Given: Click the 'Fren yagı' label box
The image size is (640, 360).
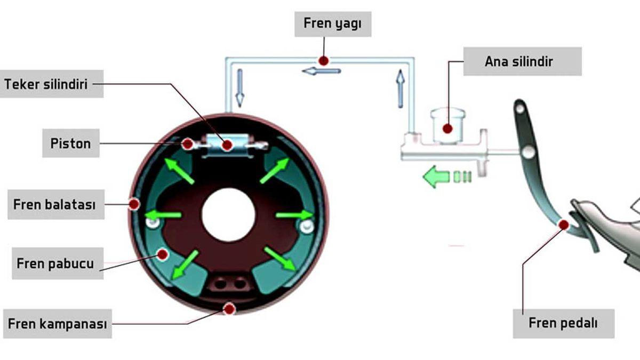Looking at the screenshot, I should pos(333,24).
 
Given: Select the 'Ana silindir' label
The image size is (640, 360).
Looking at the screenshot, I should pos(522,61).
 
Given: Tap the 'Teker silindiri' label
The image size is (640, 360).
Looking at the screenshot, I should pos(52,84).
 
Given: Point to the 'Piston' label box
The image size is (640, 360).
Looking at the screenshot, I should pos(71,143).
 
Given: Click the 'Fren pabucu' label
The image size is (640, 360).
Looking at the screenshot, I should pos(55,263).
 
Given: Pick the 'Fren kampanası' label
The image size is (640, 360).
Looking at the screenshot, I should pos(58,324).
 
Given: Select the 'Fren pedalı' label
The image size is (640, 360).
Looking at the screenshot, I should pos(563,323).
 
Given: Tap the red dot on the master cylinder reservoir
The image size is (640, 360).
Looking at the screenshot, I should pos(447,129).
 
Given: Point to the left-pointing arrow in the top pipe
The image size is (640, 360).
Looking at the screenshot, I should pos(321,70).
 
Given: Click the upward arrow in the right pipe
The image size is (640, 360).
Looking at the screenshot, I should pos(399,89).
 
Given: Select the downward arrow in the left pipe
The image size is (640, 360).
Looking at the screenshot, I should pos(239,87).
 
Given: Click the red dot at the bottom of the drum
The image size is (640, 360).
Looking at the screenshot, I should pos(230,308).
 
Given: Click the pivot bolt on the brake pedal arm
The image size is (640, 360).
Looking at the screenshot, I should pos(529,153).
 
